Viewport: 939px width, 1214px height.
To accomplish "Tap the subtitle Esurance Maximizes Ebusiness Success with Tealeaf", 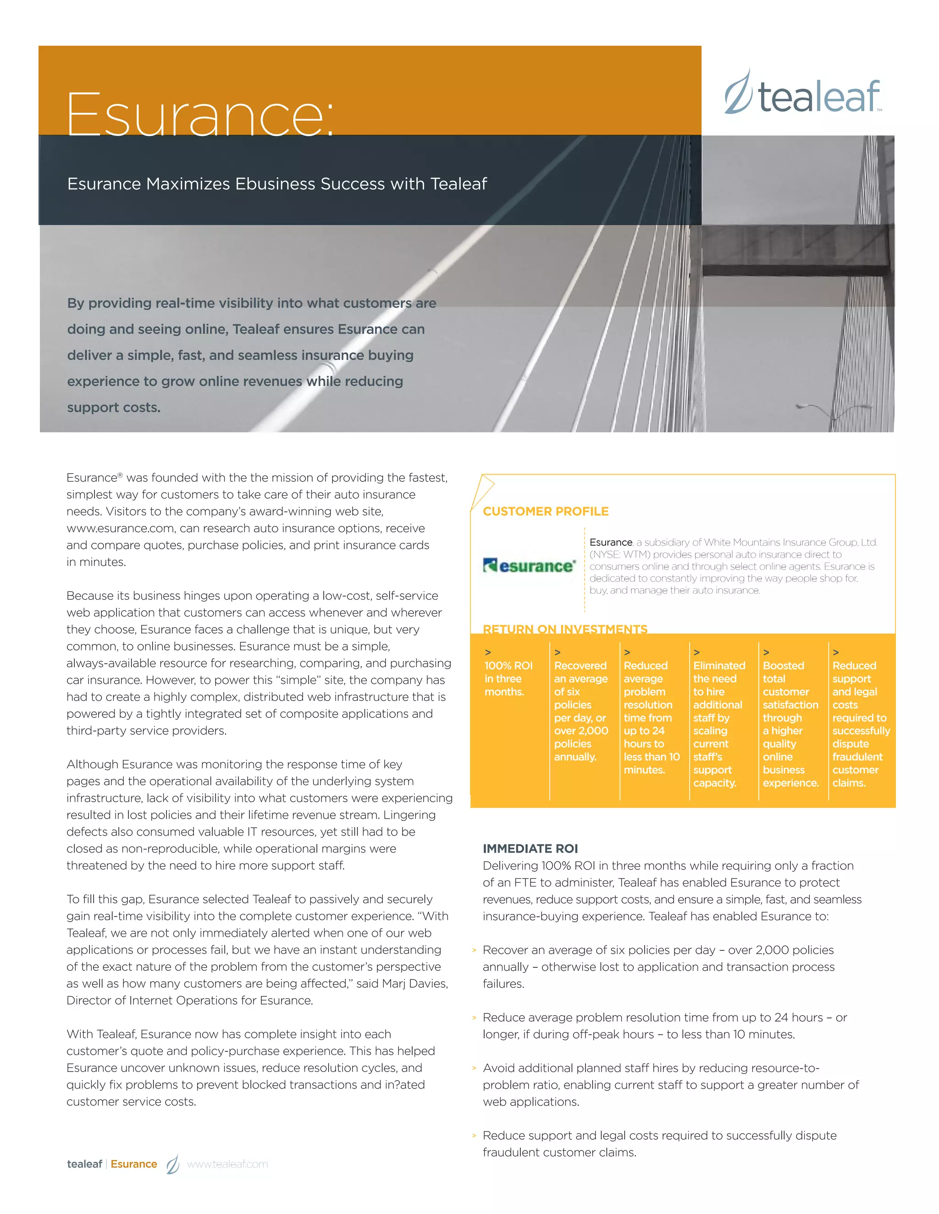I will [277, 184].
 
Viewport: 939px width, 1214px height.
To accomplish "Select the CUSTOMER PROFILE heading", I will [545, 511].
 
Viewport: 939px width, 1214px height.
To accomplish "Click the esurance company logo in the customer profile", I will [529, 566].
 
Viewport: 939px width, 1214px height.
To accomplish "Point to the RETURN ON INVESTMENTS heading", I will [564, 629].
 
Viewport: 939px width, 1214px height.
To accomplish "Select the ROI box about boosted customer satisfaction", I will [790, 723].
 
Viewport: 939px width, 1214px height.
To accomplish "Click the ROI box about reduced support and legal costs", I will [860, 723].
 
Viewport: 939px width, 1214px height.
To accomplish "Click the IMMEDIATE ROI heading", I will [530, 848].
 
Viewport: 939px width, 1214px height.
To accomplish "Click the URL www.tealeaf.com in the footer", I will [227, 1164].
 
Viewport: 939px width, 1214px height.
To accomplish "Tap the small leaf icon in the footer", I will [173, 1164].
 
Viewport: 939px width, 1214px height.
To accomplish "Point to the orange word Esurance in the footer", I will [133, 1164].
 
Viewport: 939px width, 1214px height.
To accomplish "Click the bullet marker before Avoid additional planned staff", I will [474, 1068].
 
